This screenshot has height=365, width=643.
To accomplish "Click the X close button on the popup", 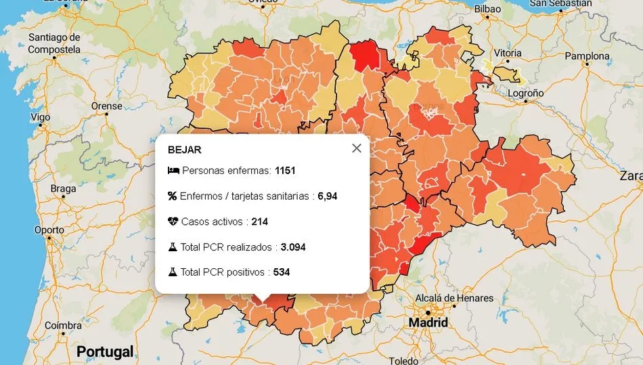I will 357,148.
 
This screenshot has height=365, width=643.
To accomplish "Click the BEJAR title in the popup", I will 184,150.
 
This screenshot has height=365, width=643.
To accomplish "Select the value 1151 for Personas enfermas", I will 285,171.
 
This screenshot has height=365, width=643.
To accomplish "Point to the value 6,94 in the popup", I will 327,196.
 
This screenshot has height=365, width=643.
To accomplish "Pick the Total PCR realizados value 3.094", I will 293,247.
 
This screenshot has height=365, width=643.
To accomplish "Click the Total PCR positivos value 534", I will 282,272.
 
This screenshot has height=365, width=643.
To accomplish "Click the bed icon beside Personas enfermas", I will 173,171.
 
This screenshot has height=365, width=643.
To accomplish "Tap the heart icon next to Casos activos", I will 173,221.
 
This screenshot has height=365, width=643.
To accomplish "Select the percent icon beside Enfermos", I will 173,196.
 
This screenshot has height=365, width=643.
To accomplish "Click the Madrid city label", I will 428,322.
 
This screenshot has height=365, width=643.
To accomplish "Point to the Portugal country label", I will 105,352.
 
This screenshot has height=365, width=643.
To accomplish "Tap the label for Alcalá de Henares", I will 454,298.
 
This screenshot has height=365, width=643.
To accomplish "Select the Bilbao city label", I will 487,9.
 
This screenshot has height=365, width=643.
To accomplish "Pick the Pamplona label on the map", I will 587,56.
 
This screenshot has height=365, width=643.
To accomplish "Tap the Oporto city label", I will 49,230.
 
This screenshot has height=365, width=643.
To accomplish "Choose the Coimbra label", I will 63,325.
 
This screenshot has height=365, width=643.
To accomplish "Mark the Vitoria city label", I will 508,53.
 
